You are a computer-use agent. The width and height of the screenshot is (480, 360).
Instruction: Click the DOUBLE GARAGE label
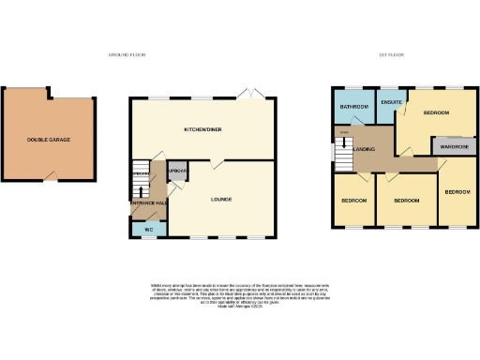(48, 140)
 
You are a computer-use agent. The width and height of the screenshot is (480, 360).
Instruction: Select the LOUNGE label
(221, 199)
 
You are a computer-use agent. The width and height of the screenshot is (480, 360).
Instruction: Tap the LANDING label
(365, 149)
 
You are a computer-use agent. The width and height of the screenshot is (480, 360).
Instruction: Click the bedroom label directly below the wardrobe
(457, 191)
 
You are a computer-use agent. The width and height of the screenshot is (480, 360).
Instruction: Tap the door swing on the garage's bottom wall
(49, 176)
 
